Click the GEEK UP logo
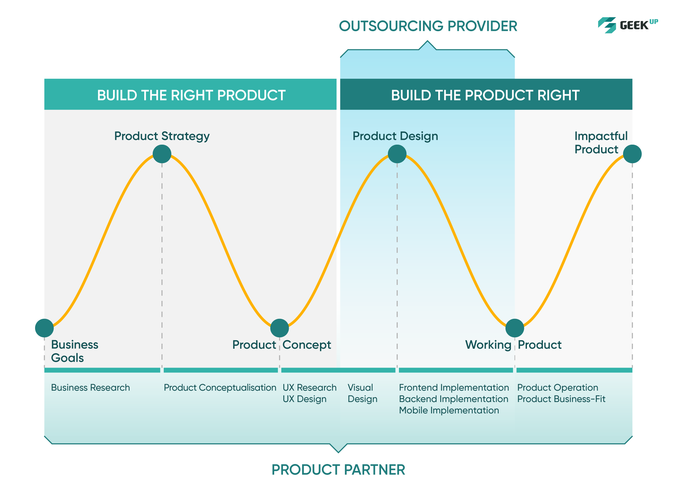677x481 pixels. (628, 25)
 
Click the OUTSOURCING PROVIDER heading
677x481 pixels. (428, 26)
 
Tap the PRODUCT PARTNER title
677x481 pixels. (338, 470)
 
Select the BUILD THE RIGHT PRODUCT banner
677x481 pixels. (190, 94)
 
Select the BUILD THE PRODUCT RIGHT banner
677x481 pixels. (486, 94)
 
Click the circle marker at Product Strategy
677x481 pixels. (162, 154)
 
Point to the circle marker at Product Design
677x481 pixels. (397, 154)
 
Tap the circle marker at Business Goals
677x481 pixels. (45, 328)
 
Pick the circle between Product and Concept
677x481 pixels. (279, 328)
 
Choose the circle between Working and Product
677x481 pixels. (515, 328)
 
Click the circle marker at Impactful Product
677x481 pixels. (632, 154)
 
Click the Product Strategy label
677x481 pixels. (162, 136)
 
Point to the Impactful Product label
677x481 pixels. (601, 142)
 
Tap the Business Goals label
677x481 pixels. (74, 351)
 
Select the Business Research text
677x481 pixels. (90, 387)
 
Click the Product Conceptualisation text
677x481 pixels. (220, 387)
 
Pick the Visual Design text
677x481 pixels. (363, 393)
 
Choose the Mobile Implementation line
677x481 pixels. (449, 410)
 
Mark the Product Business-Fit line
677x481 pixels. (561, 399)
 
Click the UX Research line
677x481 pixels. (310, 387)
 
